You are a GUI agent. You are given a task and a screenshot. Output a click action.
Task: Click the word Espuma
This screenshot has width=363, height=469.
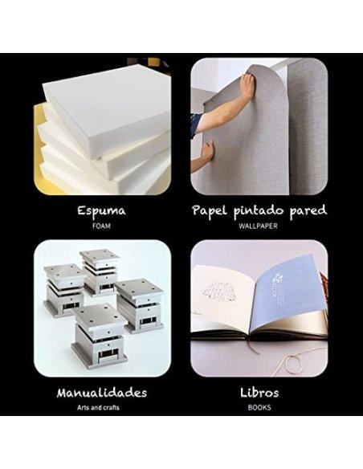[x=102, y=210]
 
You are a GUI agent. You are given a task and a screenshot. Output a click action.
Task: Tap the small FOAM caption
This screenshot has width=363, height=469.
[x=101, y=226]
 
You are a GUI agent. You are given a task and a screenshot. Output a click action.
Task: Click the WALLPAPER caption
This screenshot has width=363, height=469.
[x=258, y=226]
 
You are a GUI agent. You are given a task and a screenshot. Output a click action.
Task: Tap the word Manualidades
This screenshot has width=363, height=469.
[x=102, y=393]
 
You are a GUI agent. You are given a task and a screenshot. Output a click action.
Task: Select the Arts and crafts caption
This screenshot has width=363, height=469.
[x=98, y=407]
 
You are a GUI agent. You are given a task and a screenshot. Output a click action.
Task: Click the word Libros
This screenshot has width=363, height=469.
[x=259, y=393]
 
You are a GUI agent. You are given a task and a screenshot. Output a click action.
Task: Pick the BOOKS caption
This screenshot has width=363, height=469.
[x=259, y=407]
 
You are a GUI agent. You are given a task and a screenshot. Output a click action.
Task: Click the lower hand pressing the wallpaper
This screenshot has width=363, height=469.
[x=208, y=149]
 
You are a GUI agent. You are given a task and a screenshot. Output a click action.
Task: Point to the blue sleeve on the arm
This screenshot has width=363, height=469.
[x=195, y=125]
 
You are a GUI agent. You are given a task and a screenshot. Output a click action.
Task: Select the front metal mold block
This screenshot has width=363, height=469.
[x=100, y=336]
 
